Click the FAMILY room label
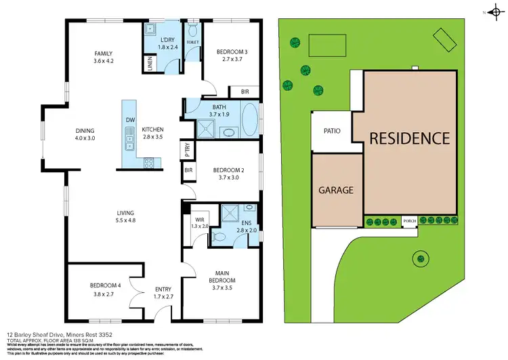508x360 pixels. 103,53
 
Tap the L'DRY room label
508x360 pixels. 167,41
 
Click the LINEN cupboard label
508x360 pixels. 149,64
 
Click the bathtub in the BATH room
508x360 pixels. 250,121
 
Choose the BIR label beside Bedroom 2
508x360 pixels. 188,170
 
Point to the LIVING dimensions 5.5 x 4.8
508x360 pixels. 125,220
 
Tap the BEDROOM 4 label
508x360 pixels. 104,286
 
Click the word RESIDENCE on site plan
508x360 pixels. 409,138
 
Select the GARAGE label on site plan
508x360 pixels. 337,191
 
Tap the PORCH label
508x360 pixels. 409,220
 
